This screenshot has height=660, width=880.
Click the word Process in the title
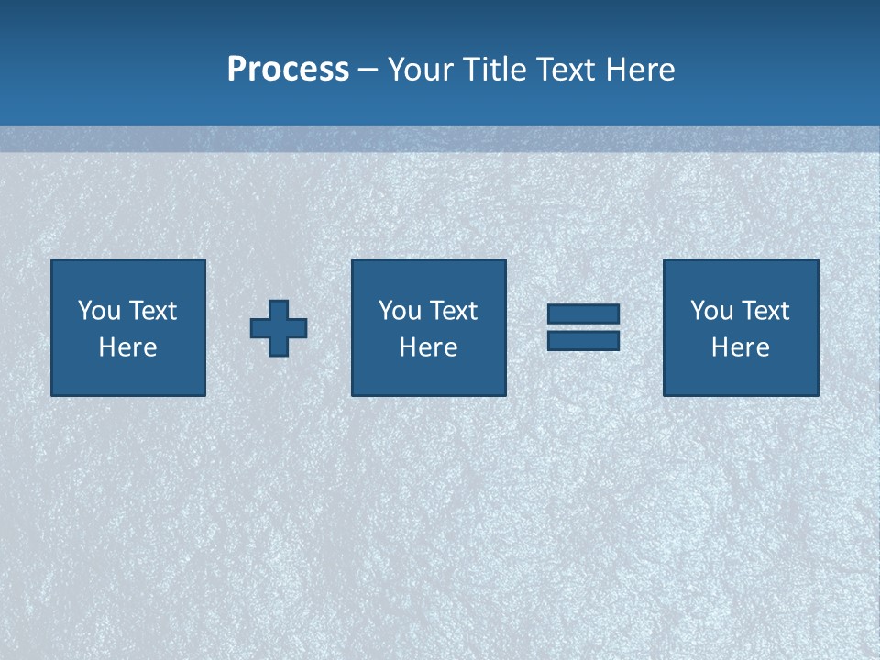288,70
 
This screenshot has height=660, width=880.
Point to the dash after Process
368,70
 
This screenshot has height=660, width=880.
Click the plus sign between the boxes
279,327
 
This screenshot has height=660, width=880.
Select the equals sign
583,327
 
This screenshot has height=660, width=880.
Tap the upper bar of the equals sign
583,314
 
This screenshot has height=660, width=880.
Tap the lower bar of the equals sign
583,340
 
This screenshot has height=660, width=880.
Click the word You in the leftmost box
99,311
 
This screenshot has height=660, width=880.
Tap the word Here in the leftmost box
128,347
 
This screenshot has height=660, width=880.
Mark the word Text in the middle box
454,311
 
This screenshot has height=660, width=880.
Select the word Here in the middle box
428,347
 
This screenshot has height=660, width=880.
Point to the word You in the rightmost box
711,311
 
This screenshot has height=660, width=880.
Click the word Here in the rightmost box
740,347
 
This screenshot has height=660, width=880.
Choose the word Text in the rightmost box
765,311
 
